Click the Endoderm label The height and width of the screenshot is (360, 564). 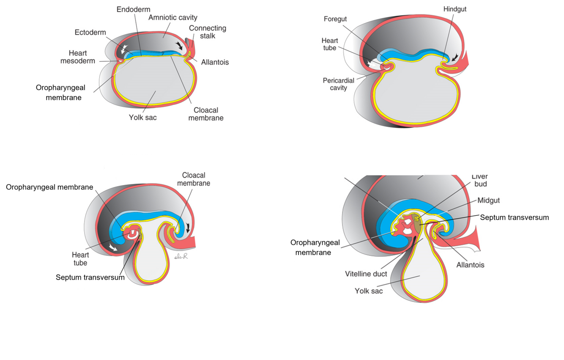pos(133,9)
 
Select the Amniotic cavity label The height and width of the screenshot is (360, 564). pos(172,18)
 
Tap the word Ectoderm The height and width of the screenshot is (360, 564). pos(90,33)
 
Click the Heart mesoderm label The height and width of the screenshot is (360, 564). pos(78,57)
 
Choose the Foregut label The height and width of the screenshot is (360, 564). pos(335,19)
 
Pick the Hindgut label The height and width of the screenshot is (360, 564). pos(455,9)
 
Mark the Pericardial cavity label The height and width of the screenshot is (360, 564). pos(338,84)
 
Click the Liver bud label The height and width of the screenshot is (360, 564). pos(480,180)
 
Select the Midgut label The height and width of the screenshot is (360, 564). pos(489,200)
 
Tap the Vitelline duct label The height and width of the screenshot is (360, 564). pos(366,274)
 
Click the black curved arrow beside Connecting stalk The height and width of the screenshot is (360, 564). pos(180,45)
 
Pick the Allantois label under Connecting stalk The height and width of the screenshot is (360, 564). pos(215,62)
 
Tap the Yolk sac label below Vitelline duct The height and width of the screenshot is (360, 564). pos(369,291)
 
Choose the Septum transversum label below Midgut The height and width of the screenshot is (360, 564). pos(514,217)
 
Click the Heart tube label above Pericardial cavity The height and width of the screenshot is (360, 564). pos(330,44)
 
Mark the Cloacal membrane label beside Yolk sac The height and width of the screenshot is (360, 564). pos(206,114)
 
